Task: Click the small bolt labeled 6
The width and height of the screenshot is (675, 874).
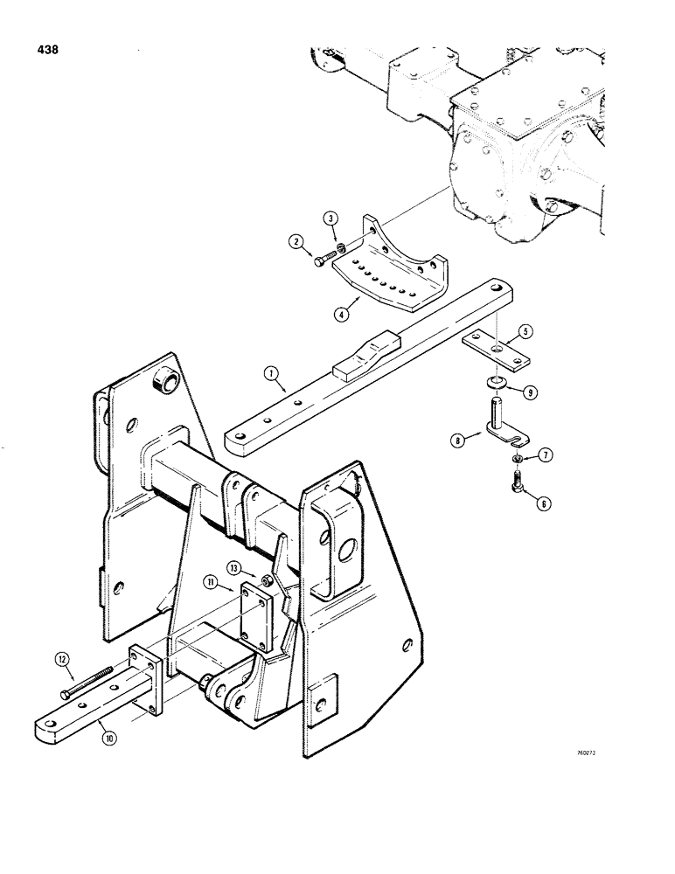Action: [516, 478]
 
